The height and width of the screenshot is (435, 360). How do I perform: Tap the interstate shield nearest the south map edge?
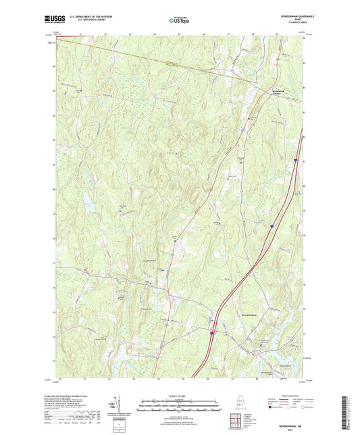pyautogui.click(x=211, y=333)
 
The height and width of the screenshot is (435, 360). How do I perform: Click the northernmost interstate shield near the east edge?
pyautogui.click(x=296, y=160)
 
